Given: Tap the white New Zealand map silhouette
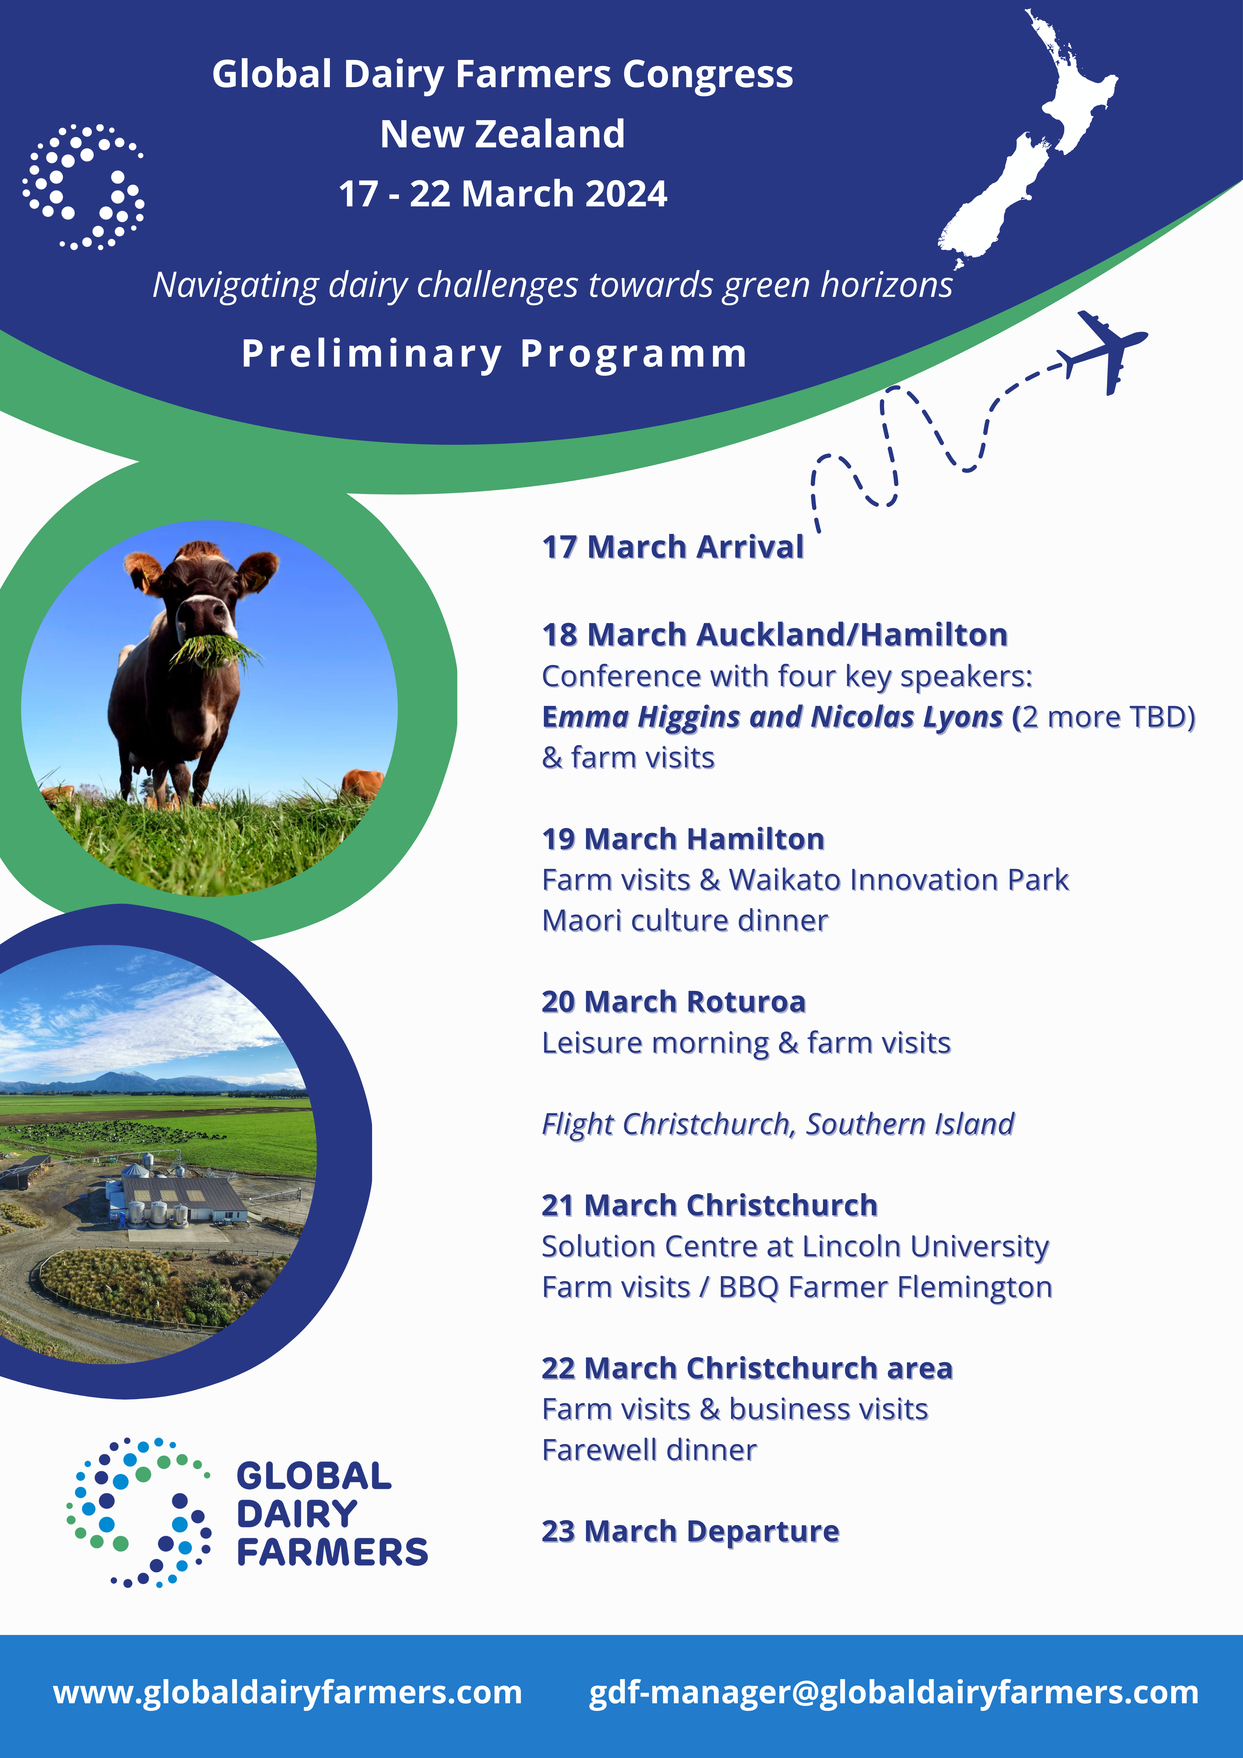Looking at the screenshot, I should tap(1026, 153).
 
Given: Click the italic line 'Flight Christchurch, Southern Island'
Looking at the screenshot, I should tap(777, 1124).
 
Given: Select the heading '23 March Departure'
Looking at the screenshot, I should tap(690, 1531).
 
